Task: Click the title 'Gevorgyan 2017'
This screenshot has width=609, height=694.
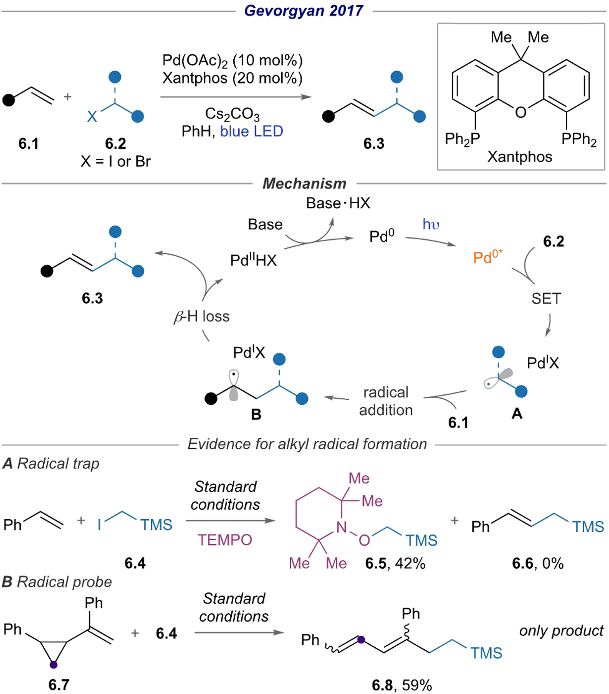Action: click(x=304, y=10)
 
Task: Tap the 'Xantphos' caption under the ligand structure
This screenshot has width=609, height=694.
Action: click(x=519, y=157)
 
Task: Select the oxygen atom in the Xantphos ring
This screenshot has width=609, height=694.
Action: click(x=520, y=112)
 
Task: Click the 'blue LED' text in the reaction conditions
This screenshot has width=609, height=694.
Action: click(x=251, y=131)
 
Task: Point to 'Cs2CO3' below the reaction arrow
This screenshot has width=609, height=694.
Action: click(x=232, y=114)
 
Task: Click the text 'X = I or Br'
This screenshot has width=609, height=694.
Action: click(x=115, y=161)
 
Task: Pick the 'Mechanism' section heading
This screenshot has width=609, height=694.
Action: click(x=304, y=184)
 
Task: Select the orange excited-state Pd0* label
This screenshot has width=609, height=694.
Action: click(x=488, y=257)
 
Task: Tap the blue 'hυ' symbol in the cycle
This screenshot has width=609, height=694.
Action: click(x=431, y=224)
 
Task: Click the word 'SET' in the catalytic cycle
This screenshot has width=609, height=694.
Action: click(x=546, y=298)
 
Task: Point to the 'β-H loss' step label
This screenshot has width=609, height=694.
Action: click(x=202, y=317)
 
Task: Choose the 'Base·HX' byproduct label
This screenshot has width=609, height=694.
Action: click(x=338, y=203)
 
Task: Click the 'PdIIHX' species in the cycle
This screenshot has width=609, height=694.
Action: click(x=253, y=260)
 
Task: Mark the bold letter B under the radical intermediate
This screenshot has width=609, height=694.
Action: click(x=256, y=414)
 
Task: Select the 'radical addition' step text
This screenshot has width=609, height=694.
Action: click(x=386, y=401)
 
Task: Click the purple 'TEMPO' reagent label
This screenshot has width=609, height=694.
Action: click(x=225, y=540)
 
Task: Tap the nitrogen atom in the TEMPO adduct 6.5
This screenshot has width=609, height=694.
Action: click(x=341, y=527)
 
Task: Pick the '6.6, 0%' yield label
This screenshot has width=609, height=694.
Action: click(x=538, y=563)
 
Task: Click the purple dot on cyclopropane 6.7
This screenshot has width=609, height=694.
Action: click(x=54, y=664)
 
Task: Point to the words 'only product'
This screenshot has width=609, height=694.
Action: click(x=561, y=631)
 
